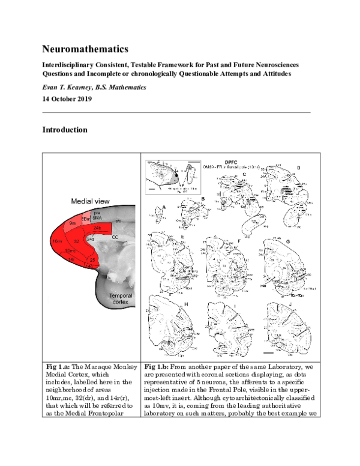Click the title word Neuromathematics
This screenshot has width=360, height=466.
point(85,48)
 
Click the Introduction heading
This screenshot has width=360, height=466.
point(65,129)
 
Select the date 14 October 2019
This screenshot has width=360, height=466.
point(67,99)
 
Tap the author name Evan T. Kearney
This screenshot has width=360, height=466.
point(68,87)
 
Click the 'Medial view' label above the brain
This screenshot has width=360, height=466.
point(91,202)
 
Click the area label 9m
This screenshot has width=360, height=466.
point(73,223)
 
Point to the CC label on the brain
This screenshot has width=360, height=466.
point(114,238)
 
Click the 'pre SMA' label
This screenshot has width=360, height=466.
point(96,214)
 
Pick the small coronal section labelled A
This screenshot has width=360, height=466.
point(158,213)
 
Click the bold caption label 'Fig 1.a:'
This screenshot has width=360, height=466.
point(59,365)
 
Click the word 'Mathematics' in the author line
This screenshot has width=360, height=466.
point(125,87)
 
